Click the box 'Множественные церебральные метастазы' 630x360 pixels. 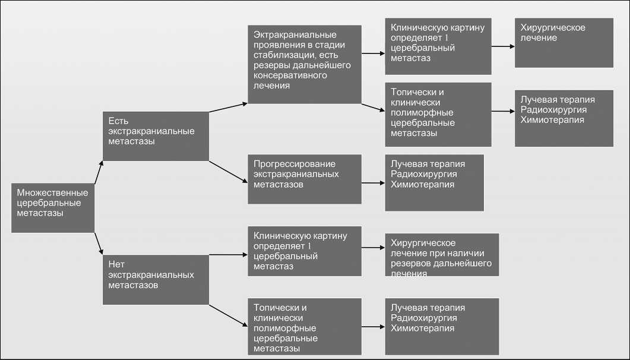[x=53, y=207]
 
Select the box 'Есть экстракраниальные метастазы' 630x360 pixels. [x=156, y=135]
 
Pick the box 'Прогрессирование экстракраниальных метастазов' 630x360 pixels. [x=305, y=179]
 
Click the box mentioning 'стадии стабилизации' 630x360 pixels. [x=305, y=64]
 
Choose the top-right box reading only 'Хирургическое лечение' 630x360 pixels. [x=563, y=42]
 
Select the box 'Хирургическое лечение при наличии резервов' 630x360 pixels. [x=442, y=254]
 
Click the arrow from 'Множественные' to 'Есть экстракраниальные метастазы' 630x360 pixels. [x=98, y=172]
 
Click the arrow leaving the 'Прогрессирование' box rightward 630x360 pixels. [x=373, y=184]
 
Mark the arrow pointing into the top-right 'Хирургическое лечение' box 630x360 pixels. [x=503, y=46]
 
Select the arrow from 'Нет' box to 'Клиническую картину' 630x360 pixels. [x=228, y=255]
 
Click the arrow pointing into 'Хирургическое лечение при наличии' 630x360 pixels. [x=373, y=248]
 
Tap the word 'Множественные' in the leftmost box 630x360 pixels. [x=52, y=192]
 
